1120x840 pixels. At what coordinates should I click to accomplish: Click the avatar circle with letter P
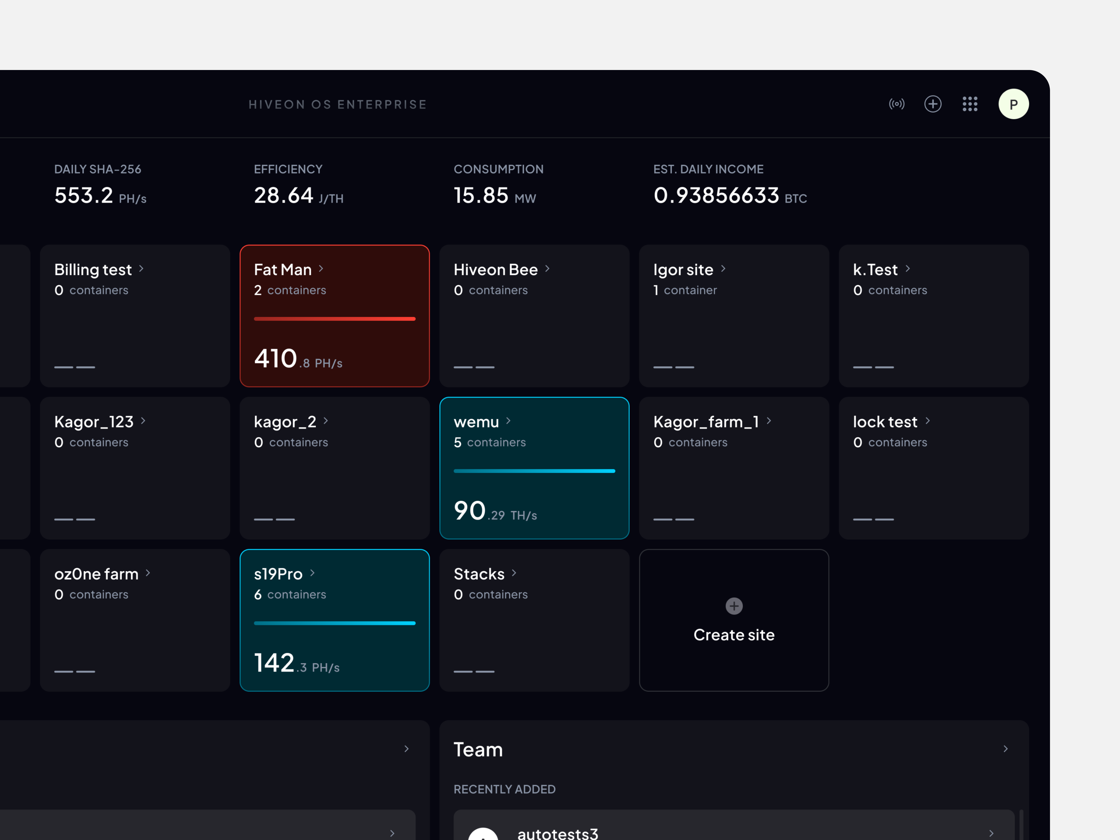[x=1013, y=104]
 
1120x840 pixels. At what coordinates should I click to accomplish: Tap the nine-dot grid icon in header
[x=970, y=104]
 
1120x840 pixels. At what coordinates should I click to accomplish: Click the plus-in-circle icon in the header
[x=933, y=104]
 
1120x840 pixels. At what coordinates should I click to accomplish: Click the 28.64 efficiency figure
[x=283, y=196]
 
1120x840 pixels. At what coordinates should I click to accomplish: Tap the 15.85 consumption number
[x=481, y=196]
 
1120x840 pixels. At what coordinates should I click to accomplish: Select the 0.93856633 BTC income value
[x=716, y=196]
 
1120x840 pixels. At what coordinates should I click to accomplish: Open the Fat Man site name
[x=283, y=270]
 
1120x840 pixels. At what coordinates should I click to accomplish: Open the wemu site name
[x=476, y=422]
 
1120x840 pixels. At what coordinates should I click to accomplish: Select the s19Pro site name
[x=278, y=574]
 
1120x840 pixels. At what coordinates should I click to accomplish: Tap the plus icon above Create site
[x=734, y=606]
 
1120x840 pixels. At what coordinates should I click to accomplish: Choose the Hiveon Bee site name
[x=495, y=270]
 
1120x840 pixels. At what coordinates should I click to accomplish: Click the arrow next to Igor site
[x=723, y=269]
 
